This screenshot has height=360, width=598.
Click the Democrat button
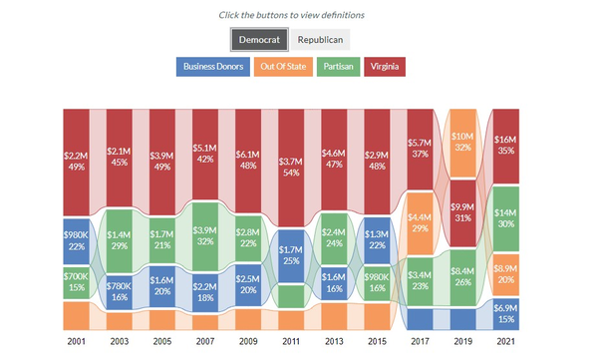pos(259,40)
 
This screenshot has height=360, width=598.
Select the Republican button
pos(320,40)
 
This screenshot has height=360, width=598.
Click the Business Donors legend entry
pos(212,68)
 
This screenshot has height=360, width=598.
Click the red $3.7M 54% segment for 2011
pos(292,167)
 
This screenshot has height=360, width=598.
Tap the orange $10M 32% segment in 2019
pos(462,141)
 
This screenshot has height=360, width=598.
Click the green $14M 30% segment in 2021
pos(505,219)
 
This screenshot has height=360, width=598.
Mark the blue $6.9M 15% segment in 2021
pos(505,313)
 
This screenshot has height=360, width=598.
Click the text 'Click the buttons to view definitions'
pos(291,15)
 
